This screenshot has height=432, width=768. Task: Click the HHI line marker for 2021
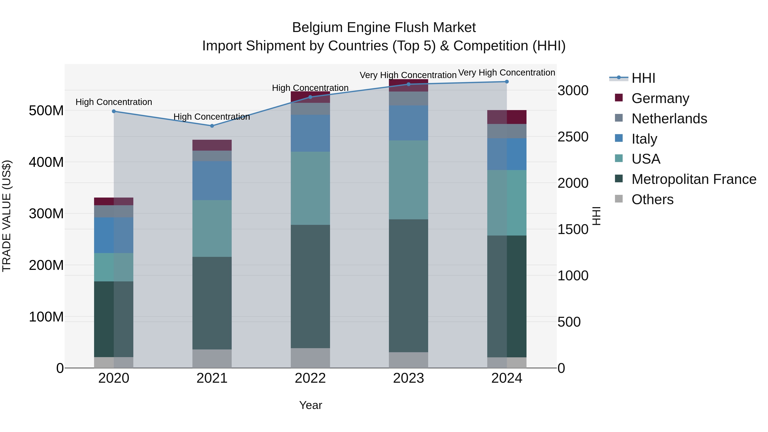tap(212, 126)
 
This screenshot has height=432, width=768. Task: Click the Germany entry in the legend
tap(660, 98)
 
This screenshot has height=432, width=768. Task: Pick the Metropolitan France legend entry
tap(694, 179)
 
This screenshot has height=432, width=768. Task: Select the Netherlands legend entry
tap(669, 119)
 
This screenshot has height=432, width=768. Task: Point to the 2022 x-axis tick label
tap(310, 378)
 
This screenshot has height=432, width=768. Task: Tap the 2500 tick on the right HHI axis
tap(573, 137)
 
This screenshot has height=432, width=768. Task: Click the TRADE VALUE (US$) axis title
tap(7, 216)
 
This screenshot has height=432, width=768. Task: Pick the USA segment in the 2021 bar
tap(212, 228)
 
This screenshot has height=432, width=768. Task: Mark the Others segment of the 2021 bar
tap(212, 358)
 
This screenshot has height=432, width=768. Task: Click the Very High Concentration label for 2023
tap(408, 75)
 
